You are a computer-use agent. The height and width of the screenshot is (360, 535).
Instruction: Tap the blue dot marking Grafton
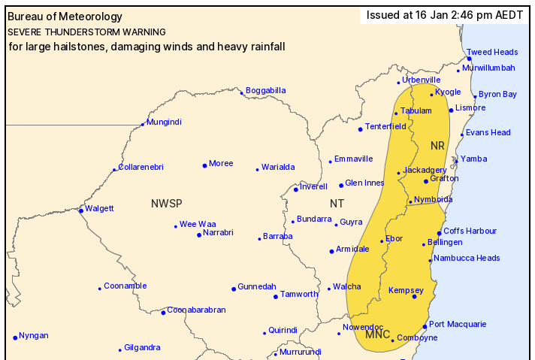[426, 181]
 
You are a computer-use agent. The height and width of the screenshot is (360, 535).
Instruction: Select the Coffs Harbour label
[470, 231]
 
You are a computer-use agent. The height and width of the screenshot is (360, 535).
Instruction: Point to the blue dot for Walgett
[81, 210]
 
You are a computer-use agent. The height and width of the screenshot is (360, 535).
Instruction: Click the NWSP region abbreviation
[166, 203]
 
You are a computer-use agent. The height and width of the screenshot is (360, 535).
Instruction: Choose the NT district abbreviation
[337, 204]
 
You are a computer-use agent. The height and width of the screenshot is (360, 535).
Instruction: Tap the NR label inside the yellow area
[437, 144]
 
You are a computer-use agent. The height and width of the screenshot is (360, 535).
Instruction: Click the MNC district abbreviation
[377, 334]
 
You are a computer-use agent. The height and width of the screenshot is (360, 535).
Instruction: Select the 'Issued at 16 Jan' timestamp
[445, 15]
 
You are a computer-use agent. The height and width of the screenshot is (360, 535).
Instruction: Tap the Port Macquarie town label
[458, 324]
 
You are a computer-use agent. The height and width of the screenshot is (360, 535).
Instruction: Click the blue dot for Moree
[204, 165]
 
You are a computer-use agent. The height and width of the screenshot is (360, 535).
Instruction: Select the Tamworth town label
[300, 294]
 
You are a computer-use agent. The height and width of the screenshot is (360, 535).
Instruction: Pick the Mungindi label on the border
[164, 122]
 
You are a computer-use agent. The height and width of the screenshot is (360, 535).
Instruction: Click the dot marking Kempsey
[414, 296]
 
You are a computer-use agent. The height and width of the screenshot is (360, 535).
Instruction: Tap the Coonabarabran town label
[196, 310]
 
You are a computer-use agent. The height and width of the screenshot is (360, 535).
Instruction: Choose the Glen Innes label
[364, 183]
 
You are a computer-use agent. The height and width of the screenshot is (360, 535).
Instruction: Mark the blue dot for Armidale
[331, 251]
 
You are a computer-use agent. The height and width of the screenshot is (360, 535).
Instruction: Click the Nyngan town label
[34, 335]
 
